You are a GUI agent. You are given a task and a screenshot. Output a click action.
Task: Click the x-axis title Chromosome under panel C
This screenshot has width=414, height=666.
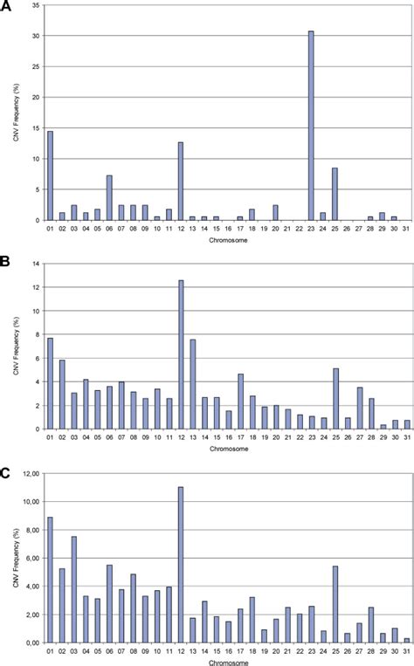[226, 661]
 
